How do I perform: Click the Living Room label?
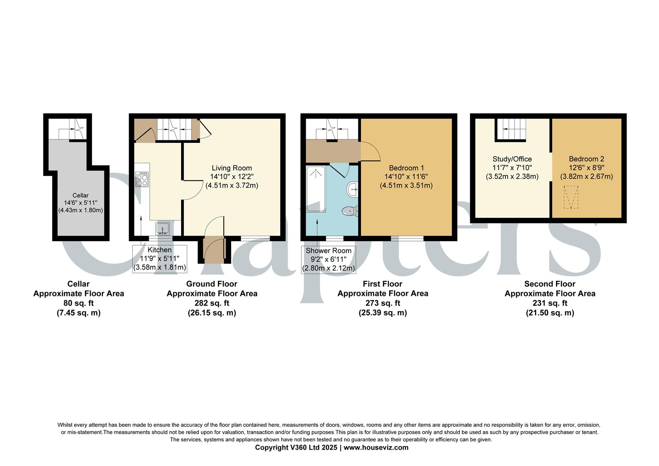coord(232,168)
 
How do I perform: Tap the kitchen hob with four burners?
coord(142,179)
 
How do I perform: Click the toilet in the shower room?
coord(350,211)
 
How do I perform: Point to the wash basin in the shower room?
coord(352,189)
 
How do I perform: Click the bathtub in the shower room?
coord(316,189)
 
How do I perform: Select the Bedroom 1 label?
coord(406,168)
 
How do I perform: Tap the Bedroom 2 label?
coord(586,159)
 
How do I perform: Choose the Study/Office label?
coord(512,159)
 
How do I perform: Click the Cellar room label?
coord(81,195)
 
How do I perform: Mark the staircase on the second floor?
coord(511,129)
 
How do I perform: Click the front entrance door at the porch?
coord(214,249)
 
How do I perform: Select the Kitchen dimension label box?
coord(160,258)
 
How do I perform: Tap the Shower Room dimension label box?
coord(328,259)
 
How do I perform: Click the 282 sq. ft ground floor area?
coord(212,303)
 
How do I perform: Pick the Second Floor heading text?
coord(549,284)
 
